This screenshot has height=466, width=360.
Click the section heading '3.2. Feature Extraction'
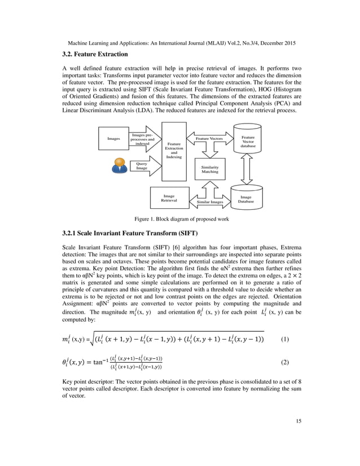coord(95,54)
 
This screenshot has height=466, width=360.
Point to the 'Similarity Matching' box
coord(210,170)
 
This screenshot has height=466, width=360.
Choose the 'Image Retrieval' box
coord(169,198)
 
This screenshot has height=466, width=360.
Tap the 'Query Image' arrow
coord(142,166)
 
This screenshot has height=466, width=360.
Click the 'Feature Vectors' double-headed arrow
coord(209,138)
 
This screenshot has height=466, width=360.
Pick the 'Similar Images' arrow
coord(210,201)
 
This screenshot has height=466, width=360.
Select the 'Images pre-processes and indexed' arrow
coord(143,139)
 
